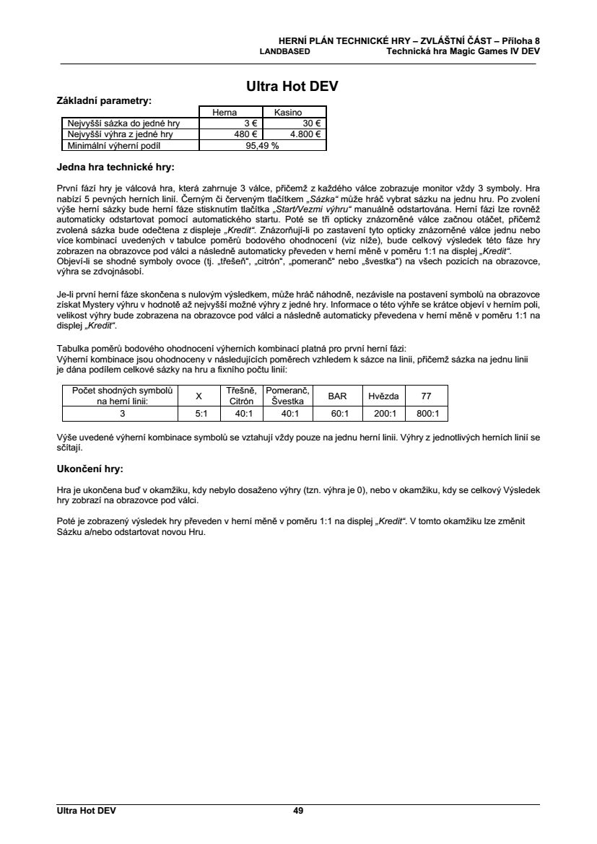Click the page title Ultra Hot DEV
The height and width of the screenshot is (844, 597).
[x=292, y=87]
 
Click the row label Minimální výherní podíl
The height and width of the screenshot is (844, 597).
[x=116, y=144]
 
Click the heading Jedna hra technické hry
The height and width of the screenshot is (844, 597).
[x=115, y=168]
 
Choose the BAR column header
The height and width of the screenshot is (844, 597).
[x=338, y=396]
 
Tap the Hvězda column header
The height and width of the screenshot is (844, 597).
[x=383, y=396]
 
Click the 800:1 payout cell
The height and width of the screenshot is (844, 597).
[x=427, y=414]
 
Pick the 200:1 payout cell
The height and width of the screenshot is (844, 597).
[x=383, y=414]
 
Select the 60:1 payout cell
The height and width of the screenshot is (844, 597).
[x=338, y=414]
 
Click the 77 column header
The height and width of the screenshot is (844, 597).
[x=427, y=396]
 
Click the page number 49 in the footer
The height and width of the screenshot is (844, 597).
[x=298, y=811]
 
